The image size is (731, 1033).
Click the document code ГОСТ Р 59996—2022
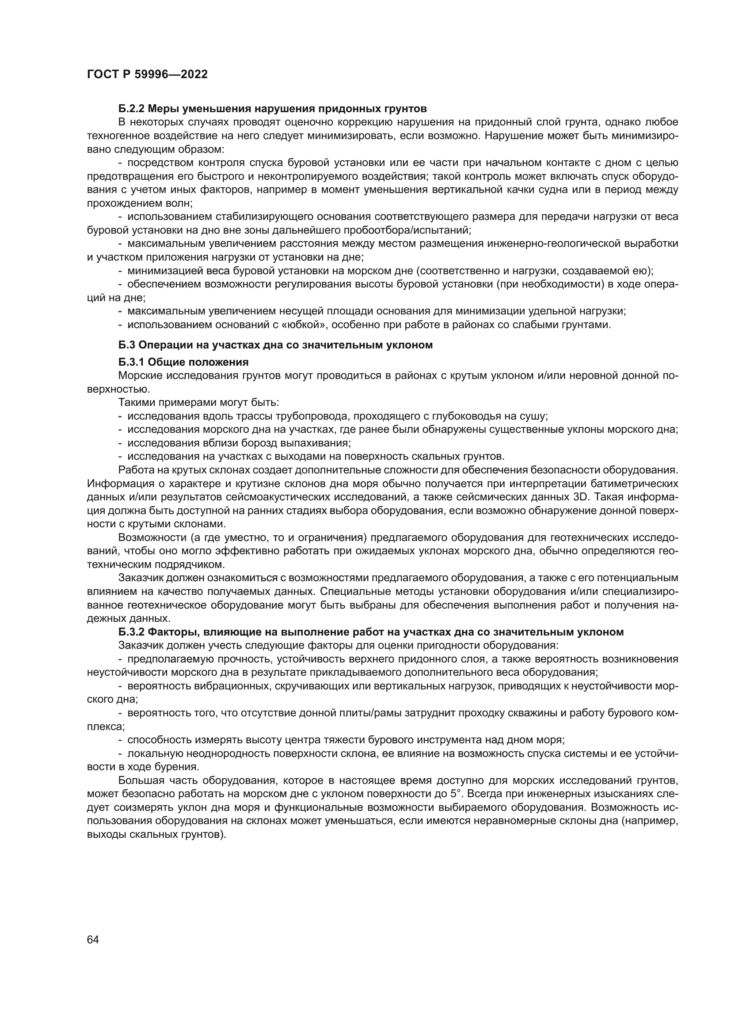click(x=147, y=74)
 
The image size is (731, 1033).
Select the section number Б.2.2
click(x=131, y=109)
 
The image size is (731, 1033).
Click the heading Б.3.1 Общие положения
click(x=183, y=362)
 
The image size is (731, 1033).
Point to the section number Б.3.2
click(x=131, y=632)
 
